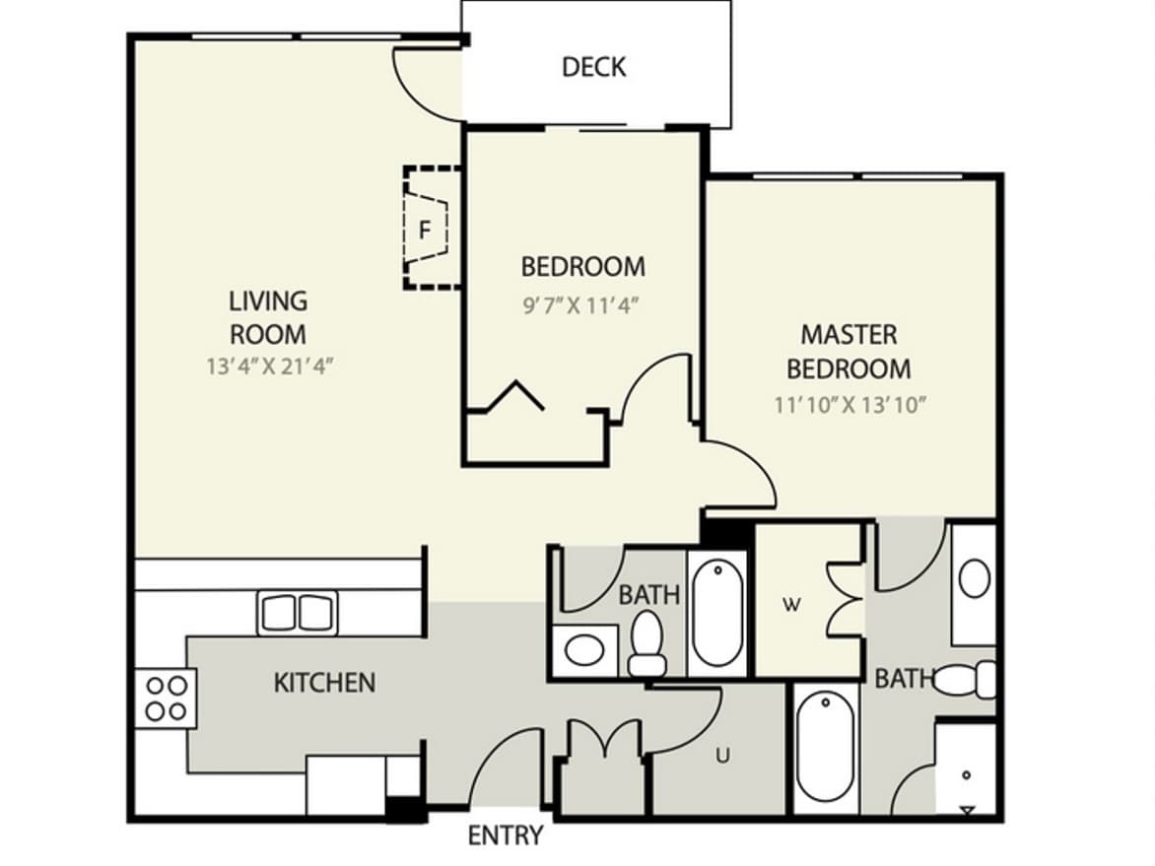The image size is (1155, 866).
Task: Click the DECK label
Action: [x=593, y=67]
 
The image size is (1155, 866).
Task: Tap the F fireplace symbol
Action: [x=425, y=230]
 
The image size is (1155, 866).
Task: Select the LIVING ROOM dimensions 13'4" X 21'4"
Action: [x=270, y=366]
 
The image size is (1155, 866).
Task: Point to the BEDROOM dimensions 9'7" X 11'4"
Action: [x=579, y=304]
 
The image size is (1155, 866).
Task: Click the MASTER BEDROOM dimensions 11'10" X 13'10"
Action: [x=849, y=404]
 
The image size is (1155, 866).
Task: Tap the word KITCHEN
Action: [x=324, y=683]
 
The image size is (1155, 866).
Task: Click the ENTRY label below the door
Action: [x=506, y=835]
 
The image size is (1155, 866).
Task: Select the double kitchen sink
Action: [x=298, y=612]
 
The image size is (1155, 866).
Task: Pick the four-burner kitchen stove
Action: [x=166, y=699]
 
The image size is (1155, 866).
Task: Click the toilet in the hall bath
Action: [x=647, y=644]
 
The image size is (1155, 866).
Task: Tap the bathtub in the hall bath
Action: [x=717, y=613]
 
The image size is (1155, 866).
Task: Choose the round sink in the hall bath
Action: [x=584, y=650]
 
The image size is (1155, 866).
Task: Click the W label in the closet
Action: [x=791, y=605]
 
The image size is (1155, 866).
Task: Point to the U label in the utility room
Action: [x=722, y=755]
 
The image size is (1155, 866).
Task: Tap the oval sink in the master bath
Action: [x=974, y=578]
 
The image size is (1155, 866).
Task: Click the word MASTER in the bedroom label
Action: [x=849, y=334]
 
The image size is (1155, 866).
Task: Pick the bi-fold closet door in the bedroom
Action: [x=515, y=396]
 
